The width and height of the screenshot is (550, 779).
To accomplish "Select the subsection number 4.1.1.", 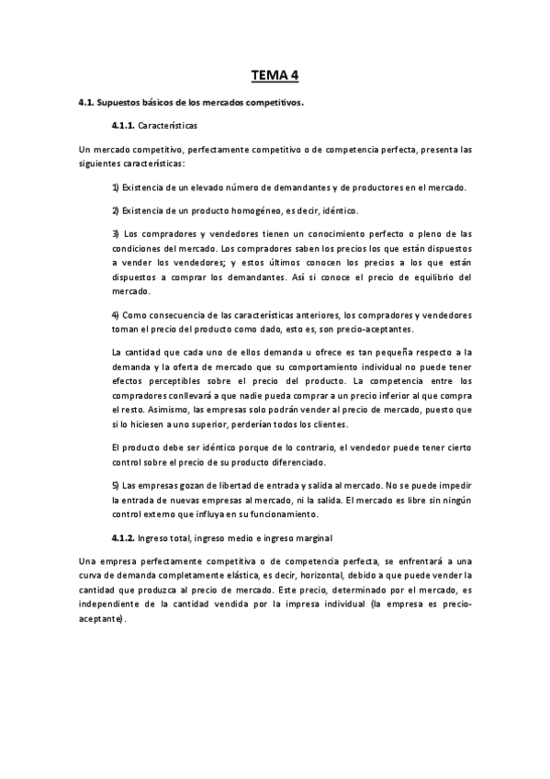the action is click(123, 124).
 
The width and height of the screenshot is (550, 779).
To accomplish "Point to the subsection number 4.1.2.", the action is click(123, 536).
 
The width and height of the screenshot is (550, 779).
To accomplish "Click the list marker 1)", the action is click(116, 187).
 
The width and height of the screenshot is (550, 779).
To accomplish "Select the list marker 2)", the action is click(116, 210).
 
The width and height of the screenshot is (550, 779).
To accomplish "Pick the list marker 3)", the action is click(116, 233).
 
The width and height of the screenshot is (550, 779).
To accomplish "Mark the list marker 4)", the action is click(116, 315).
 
